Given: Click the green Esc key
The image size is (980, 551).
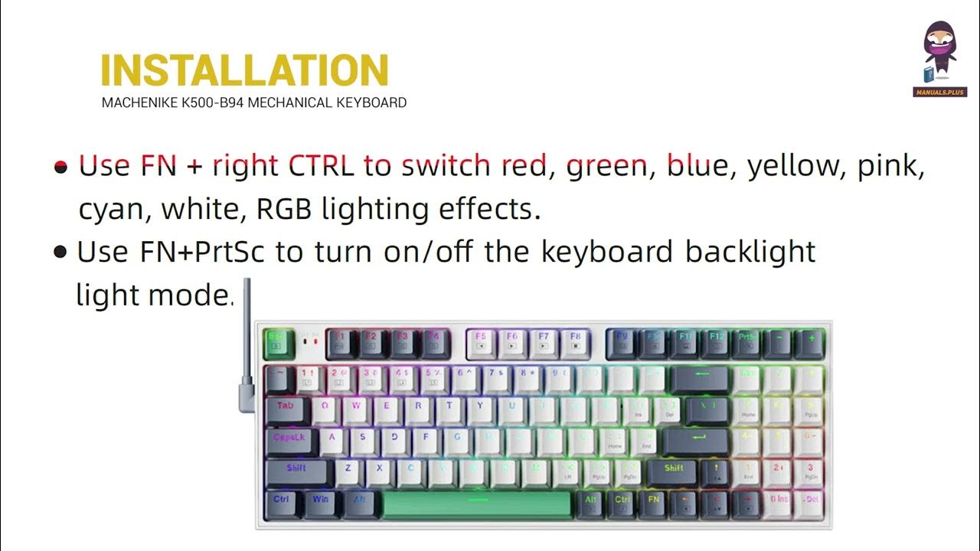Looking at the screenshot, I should (x=274, y=343).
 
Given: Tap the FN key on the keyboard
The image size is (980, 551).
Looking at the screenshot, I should (x=653, y=503).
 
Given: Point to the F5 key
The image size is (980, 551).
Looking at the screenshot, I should (x=480, y=343).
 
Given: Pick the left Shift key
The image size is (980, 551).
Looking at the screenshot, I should (x=296, y=472).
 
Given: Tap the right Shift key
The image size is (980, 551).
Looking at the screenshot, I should (x=674, y=472).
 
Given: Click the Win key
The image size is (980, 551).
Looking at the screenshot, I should (x=319, y=503).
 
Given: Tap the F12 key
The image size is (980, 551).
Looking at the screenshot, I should (x=717, y=343).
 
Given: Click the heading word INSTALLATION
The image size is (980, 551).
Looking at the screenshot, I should (x=245, y=71).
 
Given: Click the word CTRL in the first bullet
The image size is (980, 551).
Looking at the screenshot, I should (x=321, y=165).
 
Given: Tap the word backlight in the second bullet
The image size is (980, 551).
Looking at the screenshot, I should (x=750, y=252).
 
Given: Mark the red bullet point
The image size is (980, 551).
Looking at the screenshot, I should (x=61, y=167).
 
